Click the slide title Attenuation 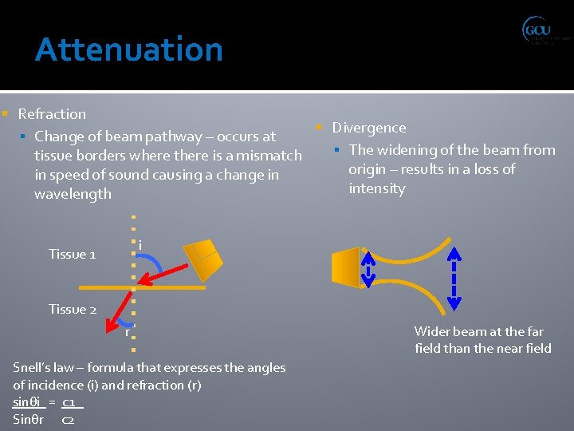click(x=129, y=49)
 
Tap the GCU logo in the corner click(x=545, y=32)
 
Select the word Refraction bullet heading click(x=52, y=114)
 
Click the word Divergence click(x=368, y=128)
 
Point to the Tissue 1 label click(x=72, y=254)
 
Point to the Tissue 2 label click(x=72, y=309)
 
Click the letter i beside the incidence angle click(x=140, y=244)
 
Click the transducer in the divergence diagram click(x=345, y=267)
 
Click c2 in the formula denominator click(x=69, y=420)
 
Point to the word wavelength click(x=73, y=194)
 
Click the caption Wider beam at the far click(x=478, y=331)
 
